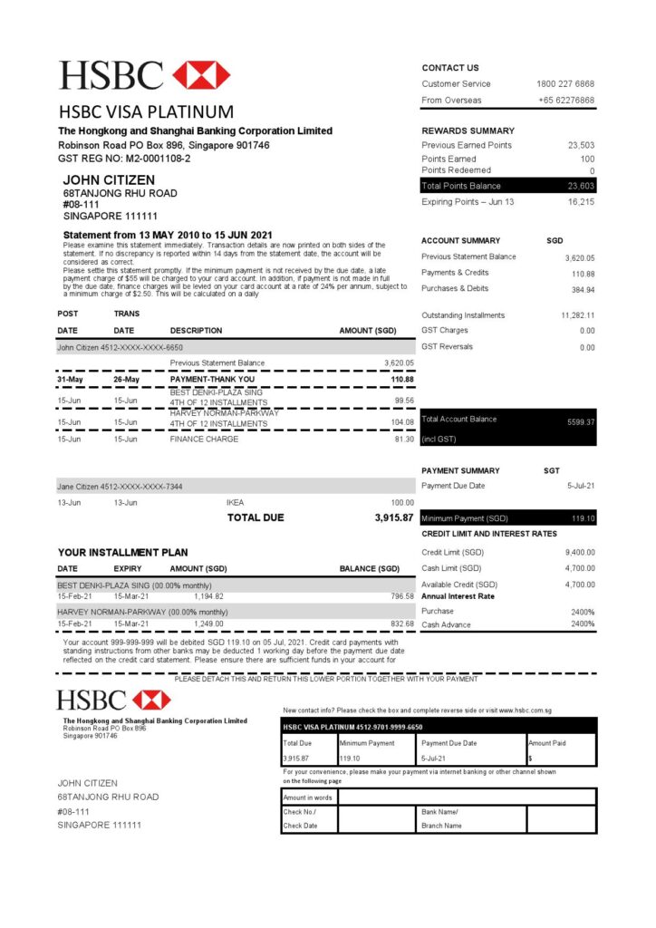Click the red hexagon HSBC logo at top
201,75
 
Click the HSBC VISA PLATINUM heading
146,112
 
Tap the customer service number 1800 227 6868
565,84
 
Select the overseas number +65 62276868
566,101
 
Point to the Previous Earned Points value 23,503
581,145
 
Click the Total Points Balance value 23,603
581,186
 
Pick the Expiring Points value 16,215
581,202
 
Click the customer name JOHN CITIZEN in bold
109,180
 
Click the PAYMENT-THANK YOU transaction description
213,379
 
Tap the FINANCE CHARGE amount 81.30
404,440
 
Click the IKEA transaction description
235,502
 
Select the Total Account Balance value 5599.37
581,422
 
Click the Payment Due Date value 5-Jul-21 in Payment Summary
581,487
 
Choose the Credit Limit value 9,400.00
580,553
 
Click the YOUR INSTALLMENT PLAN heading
123,552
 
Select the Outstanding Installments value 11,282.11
577,315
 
